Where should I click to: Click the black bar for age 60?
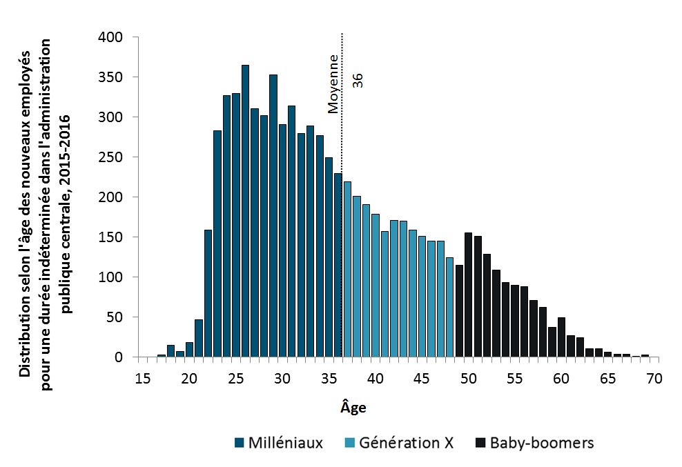pyautogui.click(x=561, y=337)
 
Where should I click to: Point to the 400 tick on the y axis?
pyautogui.click(x=113, y=37)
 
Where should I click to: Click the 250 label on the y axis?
pyautogui.click(x=113, y=157)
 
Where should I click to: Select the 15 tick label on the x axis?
pyautogui.click(x=142, y=378)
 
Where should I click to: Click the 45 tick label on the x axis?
pyautogui.click(x=422, y=378)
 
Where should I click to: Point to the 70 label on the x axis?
pyautogui.click(x=654, y=378)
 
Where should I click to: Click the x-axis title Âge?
pyautogui.click(x=353, y=407)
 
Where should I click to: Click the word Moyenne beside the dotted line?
pyautogui.click(x=333, y=83)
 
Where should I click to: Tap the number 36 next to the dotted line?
pyautogui.click(x=358, y=80)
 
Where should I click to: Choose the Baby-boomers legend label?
pyautogui.click(x=541, y=443)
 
